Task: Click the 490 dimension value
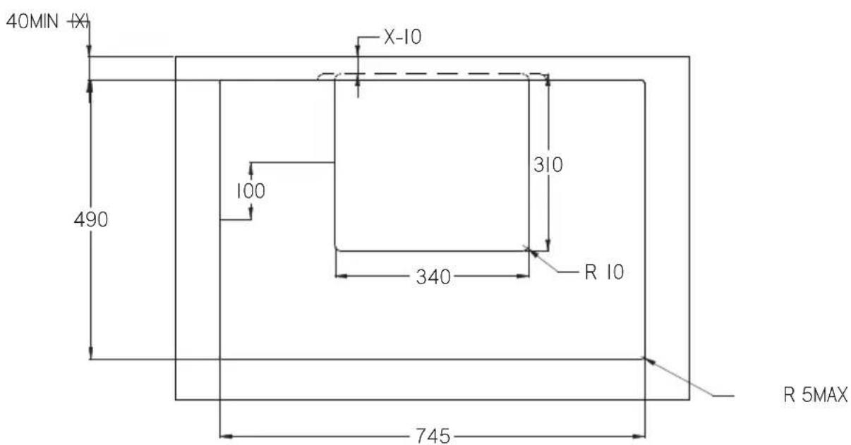pos(91,219)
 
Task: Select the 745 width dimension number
pos(433,436)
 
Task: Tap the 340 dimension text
pos(433,276)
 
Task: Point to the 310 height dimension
pos(548,165)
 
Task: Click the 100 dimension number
pos(251,190)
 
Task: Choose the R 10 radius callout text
pos(604,272)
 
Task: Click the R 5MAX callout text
pos(815,395)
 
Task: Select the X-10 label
pos(403,37)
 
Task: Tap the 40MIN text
pos(32,21)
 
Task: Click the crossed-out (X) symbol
pos(80,22)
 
